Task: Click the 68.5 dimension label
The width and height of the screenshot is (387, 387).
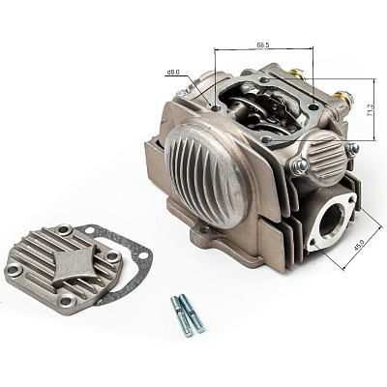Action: [263, 45]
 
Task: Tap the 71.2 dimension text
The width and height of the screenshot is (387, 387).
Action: [371, 109]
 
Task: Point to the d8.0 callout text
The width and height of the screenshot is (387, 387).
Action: [173, 73]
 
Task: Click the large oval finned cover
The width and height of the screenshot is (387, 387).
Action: [207, 172]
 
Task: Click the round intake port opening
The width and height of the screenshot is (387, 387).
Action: [332, 222]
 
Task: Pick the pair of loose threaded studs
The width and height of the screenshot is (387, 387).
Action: [188, 315]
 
